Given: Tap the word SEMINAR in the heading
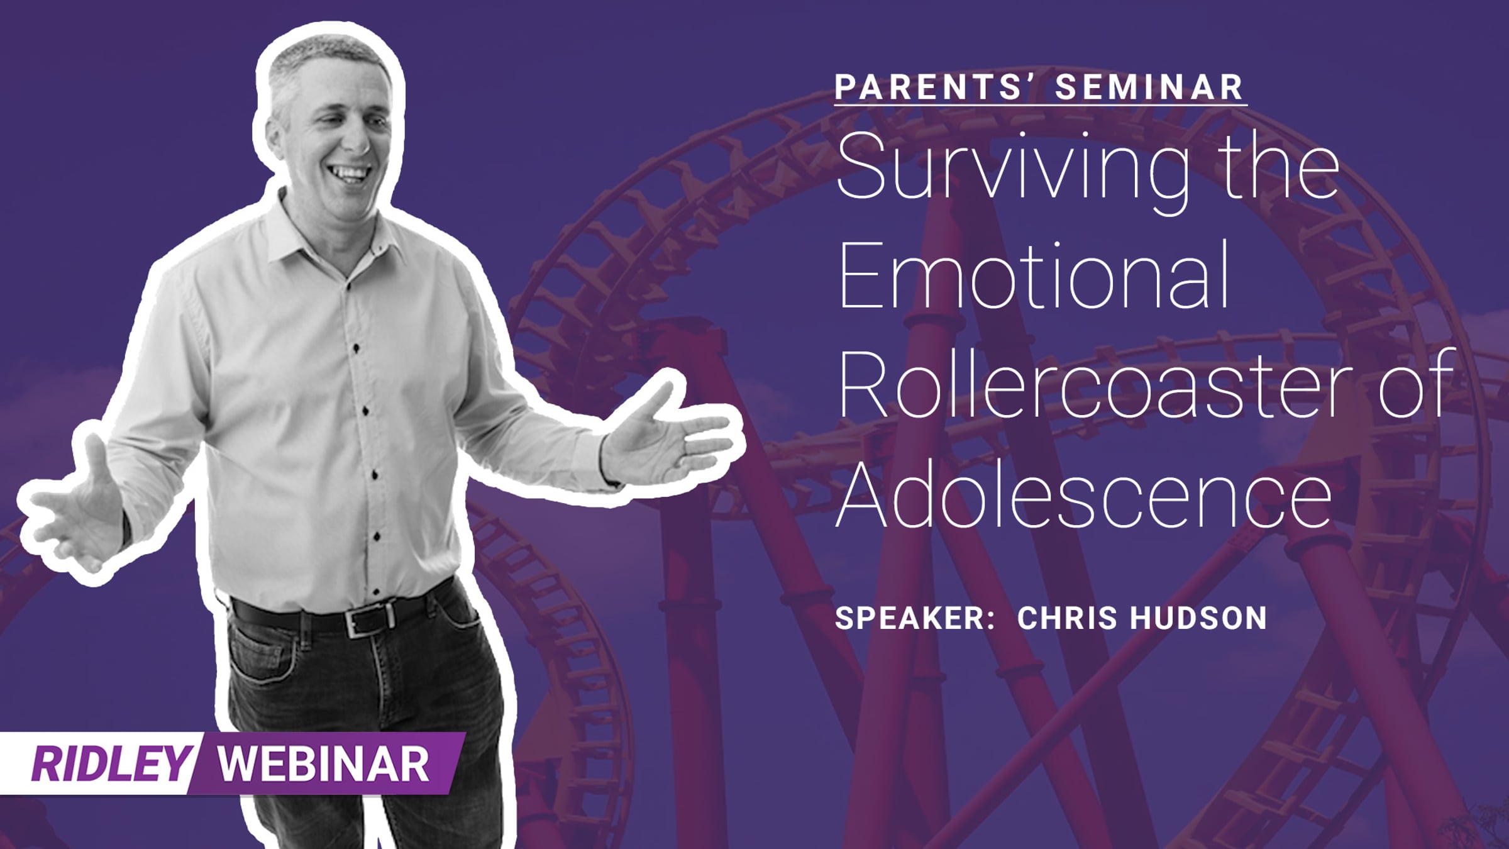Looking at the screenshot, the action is tap(1150, 87).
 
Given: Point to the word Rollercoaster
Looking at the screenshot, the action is tap(1095, 385).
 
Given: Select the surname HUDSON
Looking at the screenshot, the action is tap(1198, 618).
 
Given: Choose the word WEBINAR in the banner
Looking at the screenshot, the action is tap(323, 764).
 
